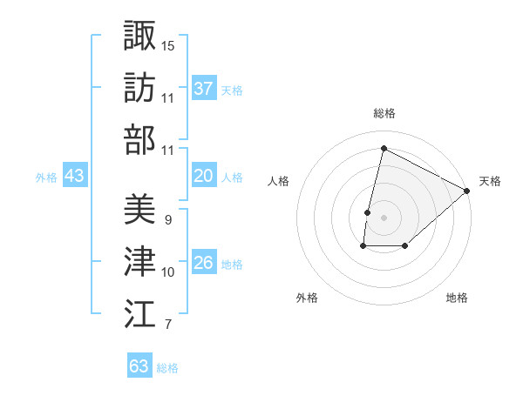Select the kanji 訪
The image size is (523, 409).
tap(139, 87)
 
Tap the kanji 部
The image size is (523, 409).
tap(139, 139)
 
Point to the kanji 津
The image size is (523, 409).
tap(139, 262)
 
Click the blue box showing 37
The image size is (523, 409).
tap(204, 89)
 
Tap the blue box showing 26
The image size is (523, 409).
tap(204, 264)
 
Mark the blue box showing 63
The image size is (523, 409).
tap(139, 366)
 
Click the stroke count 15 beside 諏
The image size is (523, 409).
tap(168, 44)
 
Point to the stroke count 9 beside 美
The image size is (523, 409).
tap(167, 220)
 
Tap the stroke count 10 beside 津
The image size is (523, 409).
tap(168, 272)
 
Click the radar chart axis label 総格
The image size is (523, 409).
tap(384, 113)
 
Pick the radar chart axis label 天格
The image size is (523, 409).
tap(490, 181)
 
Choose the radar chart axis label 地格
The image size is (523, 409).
tap(457, 298)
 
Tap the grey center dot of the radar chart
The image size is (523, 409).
tap(384, 217)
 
